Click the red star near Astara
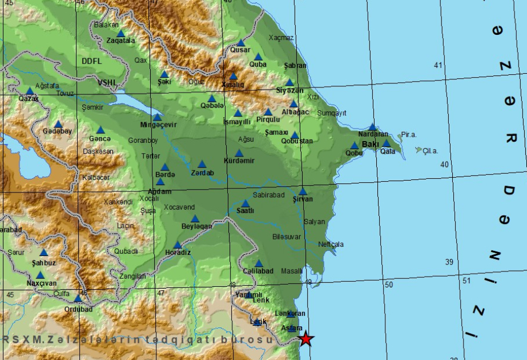[x=307, y=339]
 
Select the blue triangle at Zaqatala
[x=120, y=34]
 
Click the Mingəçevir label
[x=159, y=125]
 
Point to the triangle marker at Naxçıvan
[x=40, y=275]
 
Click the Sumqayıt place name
[x=332, y=113]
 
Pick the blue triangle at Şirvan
[x=303, y=191]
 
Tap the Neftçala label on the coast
[x=331, y=244]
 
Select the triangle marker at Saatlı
[x=246, y=203]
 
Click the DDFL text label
[x=91, y=61]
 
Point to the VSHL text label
[x=106, y=82]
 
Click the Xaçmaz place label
[x=281, y=38]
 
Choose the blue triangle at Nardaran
[x=372, y=127]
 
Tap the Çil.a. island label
[x=430, y=151]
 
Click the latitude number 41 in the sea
[x=438, y=65]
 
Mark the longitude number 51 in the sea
[x=466, y=281]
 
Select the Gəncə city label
[x=100, y=139]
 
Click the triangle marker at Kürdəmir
[x=239, y=153]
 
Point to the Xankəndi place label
[x=118, y=202]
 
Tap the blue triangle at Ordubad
[x=78, y=298]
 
